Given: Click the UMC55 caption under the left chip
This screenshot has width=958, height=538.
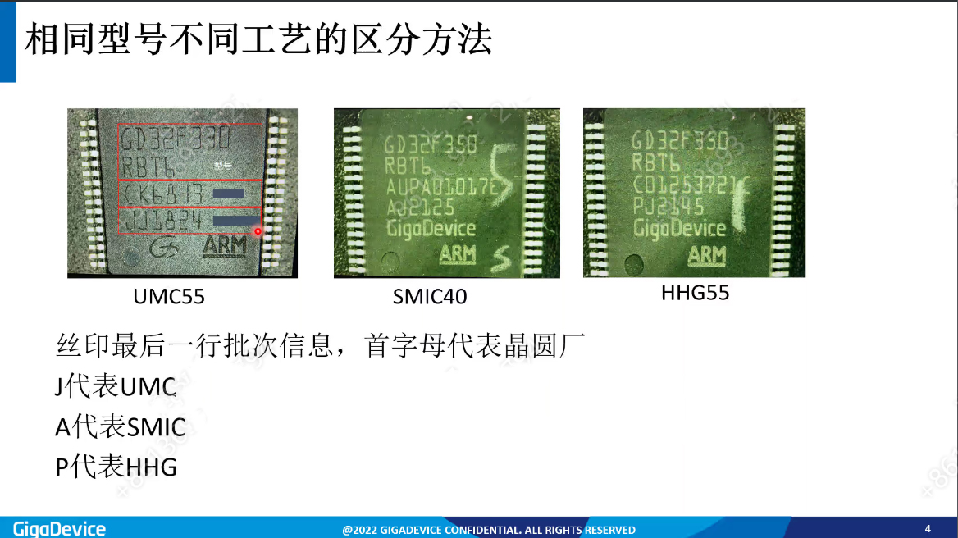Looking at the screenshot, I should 169,296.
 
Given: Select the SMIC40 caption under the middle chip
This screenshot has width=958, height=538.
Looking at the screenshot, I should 430,296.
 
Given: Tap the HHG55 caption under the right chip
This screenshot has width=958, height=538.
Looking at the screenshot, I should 695,293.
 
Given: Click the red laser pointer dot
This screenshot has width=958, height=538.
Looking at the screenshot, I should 258,231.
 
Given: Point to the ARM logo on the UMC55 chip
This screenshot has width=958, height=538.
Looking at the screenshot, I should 224,246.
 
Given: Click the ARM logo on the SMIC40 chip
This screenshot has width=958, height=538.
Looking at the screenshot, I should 458,254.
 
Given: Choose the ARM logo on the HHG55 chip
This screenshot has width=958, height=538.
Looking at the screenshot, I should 706,255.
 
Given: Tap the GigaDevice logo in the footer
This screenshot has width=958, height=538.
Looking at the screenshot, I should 59,528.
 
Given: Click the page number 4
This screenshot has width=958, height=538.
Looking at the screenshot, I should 928,528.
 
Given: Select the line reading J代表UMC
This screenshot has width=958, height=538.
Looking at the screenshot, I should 116,386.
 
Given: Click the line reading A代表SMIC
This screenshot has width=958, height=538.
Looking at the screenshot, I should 121,426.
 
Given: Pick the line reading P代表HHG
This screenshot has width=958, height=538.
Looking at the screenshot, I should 116,467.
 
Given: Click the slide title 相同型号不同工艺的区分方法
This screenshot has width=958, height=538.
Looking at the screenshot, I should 258,39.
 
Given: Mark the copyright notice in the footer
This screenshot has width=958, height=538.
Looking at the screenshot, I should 489,530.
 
